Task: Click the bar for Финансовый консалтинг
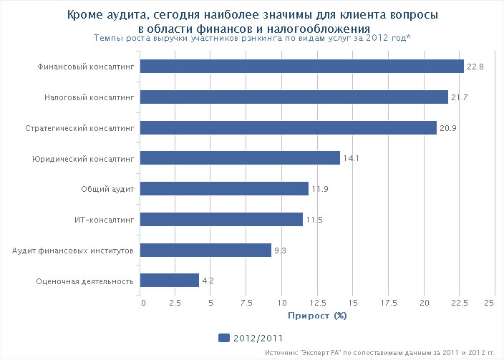301,67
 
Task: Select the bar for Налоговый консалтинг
294,97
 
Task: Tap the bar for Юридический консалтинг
240,158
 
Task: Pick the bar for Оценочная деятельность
170,281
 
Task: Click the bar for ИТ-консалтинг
221,220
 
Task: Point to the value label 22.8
475,67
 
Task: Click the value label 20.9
448,128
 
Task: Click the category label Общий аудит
107,189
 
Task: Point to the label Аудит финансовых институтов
74,250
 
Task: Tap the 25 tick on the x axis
490,303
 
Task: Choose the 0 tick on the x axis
143,303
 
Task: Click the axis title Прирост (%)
317,315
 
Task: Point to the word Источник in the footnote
281,353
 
